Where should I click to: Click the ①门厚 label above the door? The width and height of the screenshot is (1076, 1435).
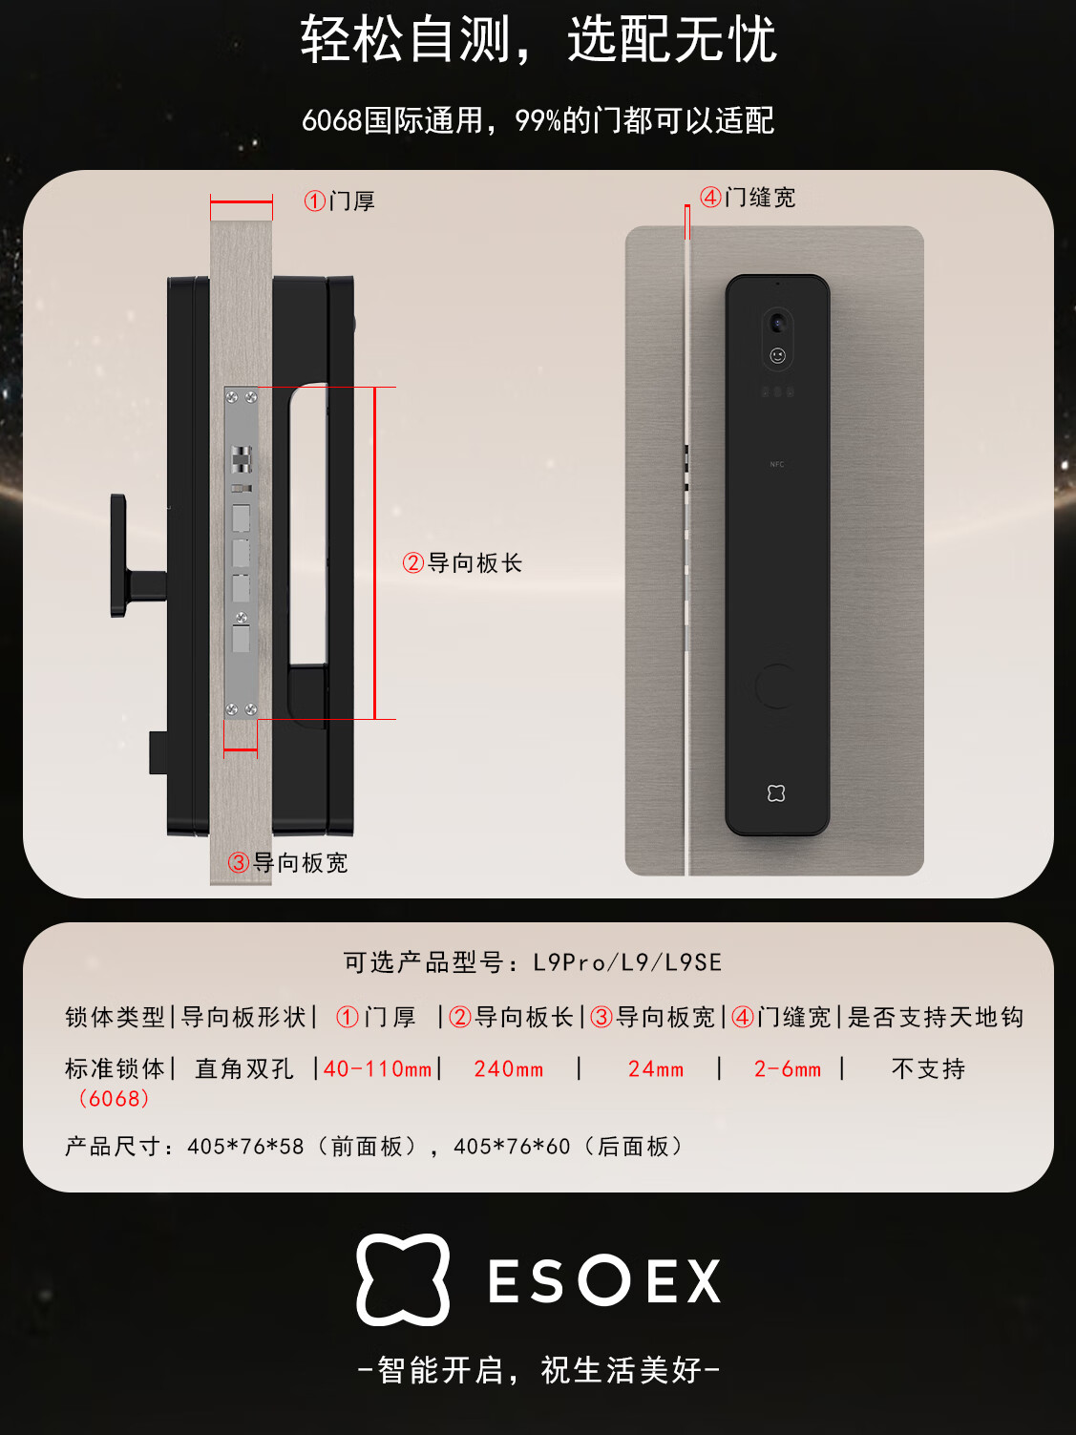click(339, 200)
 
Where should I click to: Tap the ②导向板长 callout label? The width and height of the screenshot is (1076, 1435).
click(462, 563)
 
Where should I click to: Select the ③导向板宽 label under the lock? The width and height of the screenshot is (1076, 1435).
click(287, 862)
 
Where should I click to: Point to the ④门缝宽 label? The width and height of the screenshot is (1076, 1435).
click(748, 197)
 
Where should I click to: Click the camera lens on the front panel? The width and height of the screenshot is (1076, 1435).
click(777, 323)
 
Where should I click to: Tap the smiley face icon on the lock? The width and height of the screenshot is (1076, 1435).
click(777, 355)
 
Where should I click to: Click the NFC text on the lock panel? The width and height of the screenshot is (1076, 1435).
click(776, 464)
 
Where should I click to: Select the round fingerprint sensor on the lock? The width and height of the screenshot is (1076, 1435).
click(776, 686)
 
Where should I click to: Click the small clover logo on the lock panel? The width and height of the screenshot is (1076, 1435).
click(776, 793)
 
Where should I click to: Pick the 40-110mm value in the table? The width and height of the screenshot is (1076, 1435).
click(377, 1069)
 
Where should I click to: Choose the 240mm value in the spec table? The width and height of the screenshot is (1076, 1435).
click(509, 1069)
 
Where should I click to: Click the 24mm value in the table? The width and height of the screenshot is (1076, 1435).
click(656, 1069)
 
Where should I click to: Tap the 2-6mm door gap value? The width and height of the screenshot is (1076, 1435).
click(787, 1069)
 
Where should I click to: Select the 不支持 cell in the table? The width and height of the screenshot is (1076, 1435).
click(928, 1069)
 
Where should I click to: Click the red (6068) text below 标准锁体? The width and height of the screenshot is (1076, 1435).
click(114, 1098)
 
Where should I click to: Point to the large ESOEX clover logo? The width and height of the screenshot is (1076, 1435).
click(403, 1279)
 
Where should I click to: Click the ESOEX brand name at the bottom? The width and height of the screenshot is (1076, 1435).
click(604, 1280)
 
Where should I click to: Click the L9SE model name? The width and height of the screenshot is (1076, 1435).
click(693, 962)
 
